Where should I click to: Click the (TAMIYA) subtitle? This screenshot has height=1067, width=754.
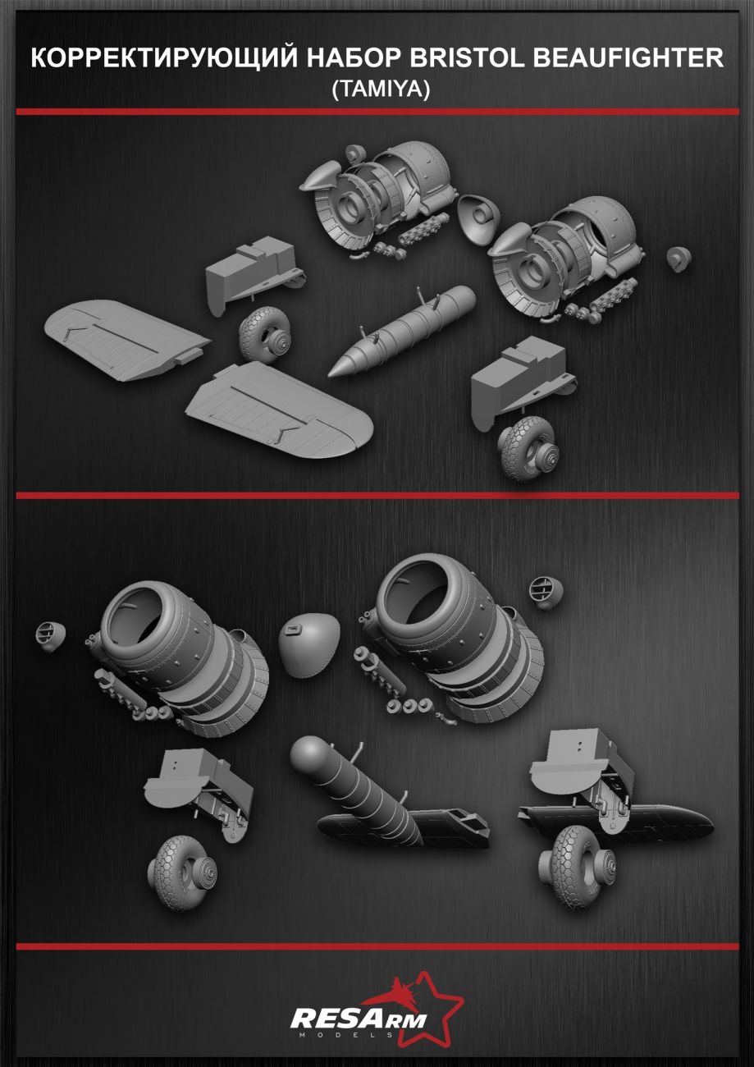tap(381, 89)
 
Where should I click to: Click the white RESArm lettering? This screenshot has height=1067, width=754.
tap(358, 1019)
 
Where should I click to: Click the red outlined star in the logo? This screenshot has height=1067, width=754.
tap(428, 1005)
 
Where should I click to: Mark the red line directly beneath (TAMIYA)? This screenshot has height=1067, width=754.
tap(377, 112)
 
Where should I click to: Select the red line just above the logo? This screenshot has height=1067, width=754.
tap(377, 933)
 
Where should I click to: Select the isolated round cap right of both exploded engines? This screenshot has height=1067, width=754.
tap(679, 259)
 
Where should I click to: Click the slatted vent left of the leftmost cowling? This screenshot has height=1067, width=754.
tap(49, 637)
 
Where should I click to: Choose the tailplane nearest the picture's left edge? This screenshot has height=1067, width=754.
tap(126, 341)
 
